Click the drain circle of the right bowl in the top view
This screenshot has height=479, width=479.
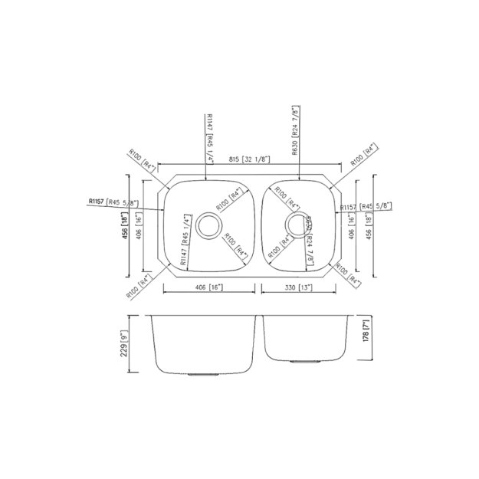[296, 223]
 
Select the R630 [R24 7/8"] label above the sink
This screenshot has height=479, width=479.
[297, 131]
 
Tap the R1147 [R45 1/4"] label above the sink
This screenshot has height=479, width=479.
[209, 136]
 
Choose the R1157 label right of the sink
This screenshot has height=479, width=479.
[365, 207]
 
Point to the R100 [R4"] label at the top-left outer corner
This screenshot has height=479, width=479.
[143, 161]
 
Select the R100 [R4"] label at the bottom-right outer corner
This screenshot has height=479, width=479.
[347, 275]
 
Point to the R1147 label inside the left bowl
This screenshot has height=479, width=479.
[185, 241]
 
